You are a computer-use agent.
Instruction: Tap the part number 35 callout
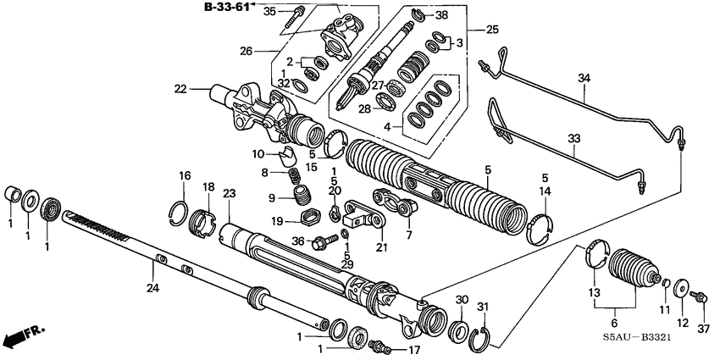269,11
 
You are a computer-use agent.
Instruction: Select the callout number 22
180,88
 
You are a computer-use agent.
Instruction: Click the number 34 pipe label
583,79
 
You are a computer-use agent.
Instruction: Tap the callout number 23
228,193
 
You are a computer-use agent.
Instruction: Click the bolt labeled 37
701,296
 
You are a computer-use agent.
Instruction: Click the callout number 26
246,51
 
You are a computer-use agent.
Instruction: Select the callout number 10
258,154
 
